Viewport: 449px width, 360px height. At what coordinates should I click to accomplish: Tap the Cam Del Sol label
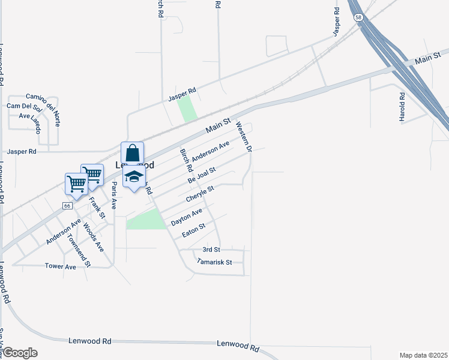tap(23, 107)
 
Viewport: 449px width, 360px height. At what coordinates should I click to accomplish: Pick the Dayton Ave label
tap(187, 217)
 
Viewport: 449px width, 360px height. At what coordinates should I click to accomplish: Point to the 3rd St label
tap(211, 249)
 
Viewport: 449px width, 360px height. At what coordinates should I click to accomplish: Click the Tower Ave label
tap(61, 266)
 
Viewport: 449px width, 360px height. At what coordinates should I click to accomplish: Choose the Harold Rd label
tap(402, 107)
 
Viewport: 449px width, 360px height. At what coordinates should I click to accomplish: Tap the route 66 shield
tap(65, 205)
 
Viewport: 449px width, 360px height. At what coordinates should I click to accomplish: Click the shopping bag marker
tap(132, 152)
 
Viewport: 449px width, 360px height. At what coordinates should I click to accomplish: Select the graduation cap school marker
tap(134, 176)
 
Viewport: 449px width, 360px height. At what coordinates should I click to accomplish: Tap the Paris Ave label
tap(113, 196)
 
